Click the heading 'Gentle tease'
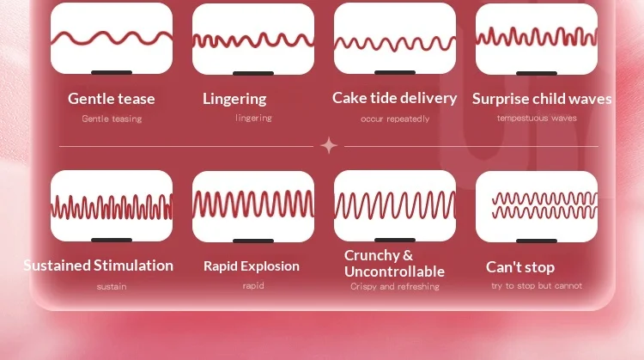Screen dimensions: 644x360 click(x=112, y=99)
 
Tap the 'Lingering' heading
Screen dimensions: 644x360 click(x=234, y=99)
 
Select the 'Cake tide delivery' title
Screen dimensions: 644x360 click(x=395, y=98)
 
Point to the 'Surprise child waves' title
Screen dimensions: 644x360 click(x=542, y=99)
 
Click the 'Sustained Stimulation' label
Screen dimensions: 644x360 click(x=99, y=265)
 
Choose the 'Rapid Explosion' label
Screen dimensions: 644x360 click(x=252, y=266)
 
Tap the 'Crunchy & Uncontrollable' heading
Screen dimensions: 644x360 click(x=394, y=264)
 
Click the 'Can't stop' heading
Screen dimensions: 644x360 click(x=520, y=267)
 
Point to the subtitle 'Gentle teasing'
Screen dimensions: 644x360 click(x=112, y=119)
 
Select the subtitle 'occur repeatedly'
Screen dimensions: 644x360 click(x=395, y=119)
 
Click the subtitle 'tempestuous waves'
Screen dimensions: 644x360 click(x=537, y=118)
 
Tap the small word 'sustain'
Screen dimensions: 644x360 click(x=112, y=286)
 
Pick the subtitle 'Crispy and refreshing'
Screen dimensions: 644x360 click(x=395, y=286)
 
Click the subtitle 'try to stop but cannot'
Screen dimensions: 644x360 click(x=537, y=285)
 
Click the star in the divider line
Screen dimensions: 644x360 click(x=329, y=146)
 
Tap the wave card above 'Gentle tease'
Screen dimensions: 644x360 click(x=112, y=39)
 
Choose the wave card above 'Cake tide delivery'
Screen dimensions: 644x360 click(x=395, y=39)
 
